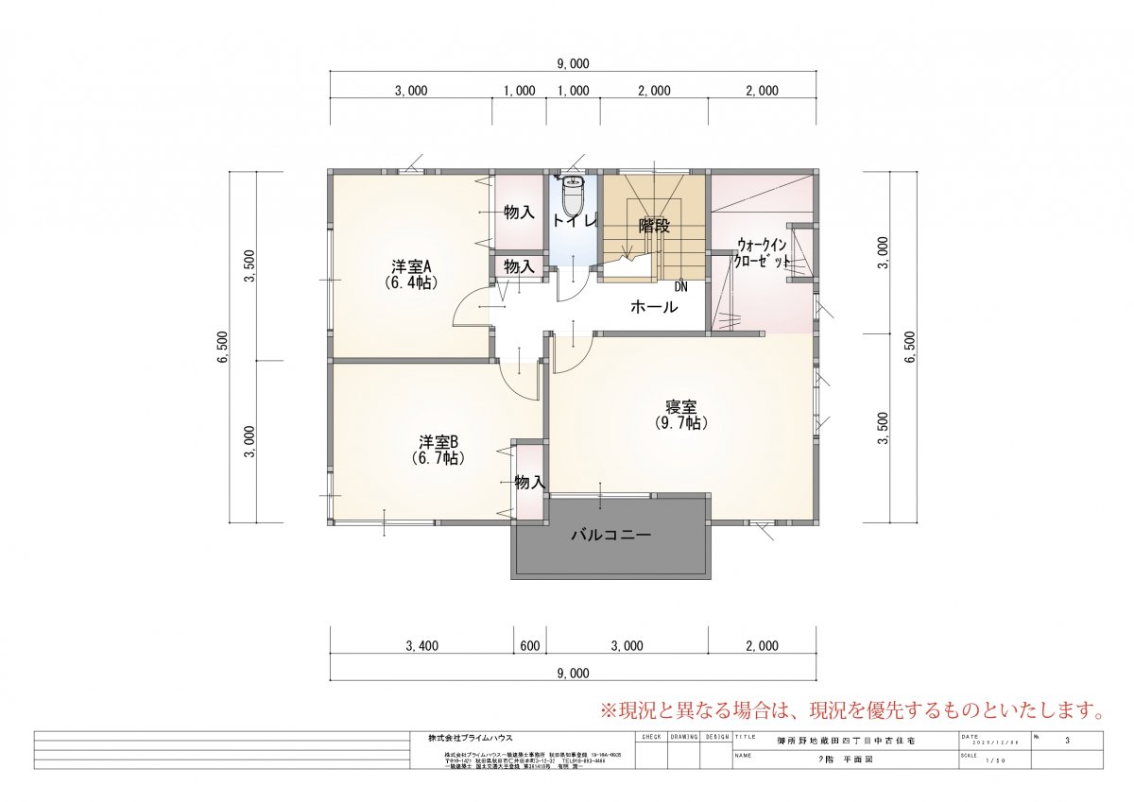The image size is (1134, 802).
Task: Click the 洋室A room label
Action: [x=411, y=272]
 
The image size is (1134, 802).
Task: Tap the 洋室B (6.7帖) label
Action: [x=438, y=449]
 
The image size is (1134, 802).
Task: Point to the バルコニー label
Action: [x=610, y=535]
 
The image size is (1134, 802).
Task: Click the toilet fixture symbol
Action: [x=573, y=196]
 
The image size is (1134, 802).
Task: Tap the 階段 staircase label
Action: [x=654, y=227]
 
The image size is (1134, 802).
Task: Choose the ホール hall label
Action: [x=653, y=307]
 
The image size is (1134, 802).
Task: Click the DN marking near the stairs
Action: [x=681, y=286]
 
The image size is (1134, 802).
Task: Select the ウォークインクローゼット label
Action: [x=762, y=252]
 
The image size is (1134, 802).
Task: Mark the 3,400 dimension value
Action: [x=421, y=646]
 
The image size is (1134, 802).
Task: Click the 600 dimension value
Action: [x=529, y=646]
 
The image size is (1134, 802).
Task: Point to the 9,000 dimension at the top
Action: [x=573, y=64]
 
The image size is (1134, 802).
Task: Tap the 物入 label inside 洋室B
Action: [x=529, y=483]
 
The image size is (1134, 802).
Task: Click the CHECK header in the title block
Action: [x=651, y=735]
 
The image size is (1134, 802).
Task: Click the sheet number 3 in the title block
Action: [x=1067, y=742]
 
